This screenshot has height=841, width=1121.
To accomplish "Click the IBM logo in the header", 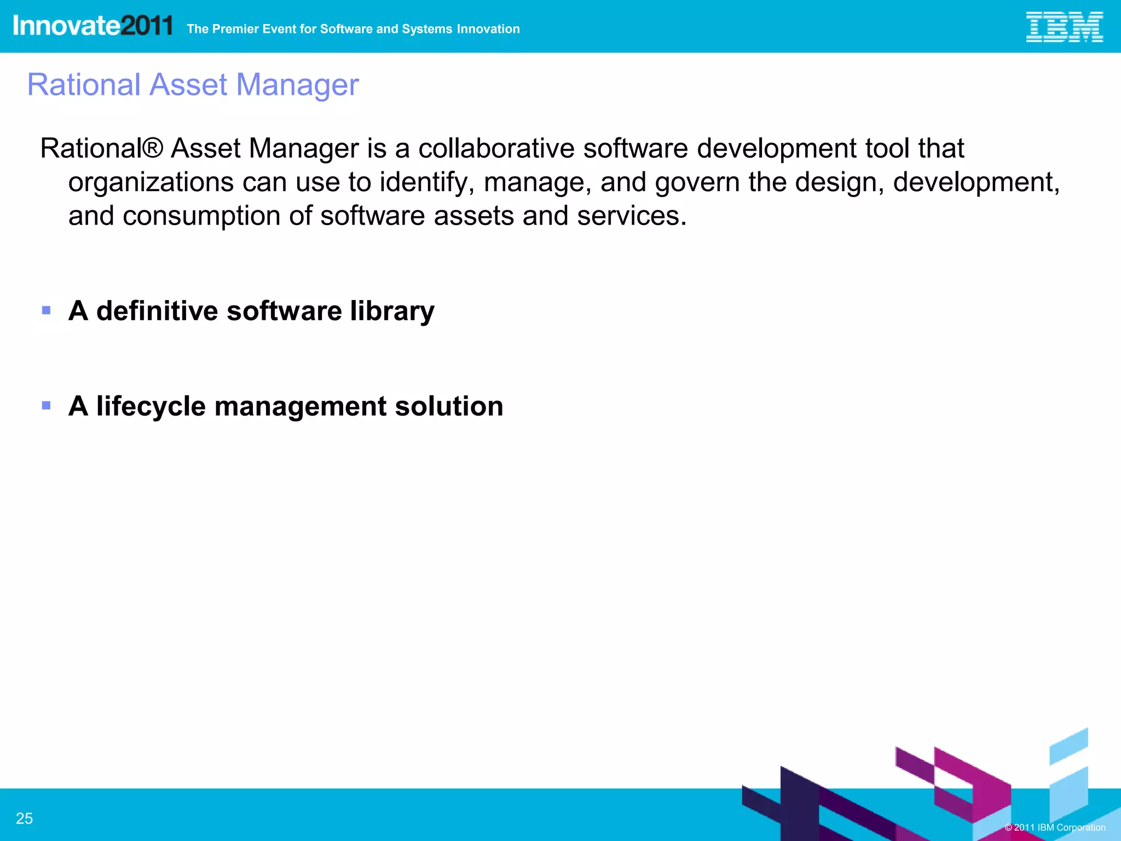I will pyautogui.click(x=1064, y=27).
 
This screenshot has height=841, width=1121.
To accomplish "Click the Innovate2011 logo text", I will pyautogui.click(x=93, y=26).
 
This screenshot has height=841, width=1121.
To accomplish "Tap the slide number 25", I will pyautogui.click(x=25, y=818).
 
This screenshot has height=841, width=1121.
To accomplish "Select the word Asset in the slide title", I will pyautogui.click(x=188, y=85).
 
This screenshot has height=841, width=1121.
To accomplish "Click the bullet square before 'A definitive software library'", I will pyautogui.click(x=47, y=310).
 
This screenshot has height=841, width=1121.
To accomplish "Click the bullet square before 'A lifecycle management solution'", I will pyautogui.click(x=47, y=406).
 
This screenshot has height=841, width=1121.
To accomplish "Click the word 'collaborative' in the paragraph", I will pyautogui.click(x=496, y=148).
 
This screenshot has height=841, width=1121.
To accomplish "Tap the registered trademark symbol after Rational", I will pyautogui.click(x=153, y=148).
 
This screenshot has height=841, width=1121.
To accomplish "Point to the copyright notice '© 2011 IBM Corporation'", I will pyautogui.click(x=1055, y=827).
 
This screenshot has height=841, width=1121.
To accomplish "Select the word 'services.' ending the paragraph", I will pyautogui.click(x=632, y=216).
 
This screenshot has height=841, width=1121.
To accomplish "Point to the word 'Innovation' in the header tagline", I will pyautogui.click(x=488, y=29).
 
